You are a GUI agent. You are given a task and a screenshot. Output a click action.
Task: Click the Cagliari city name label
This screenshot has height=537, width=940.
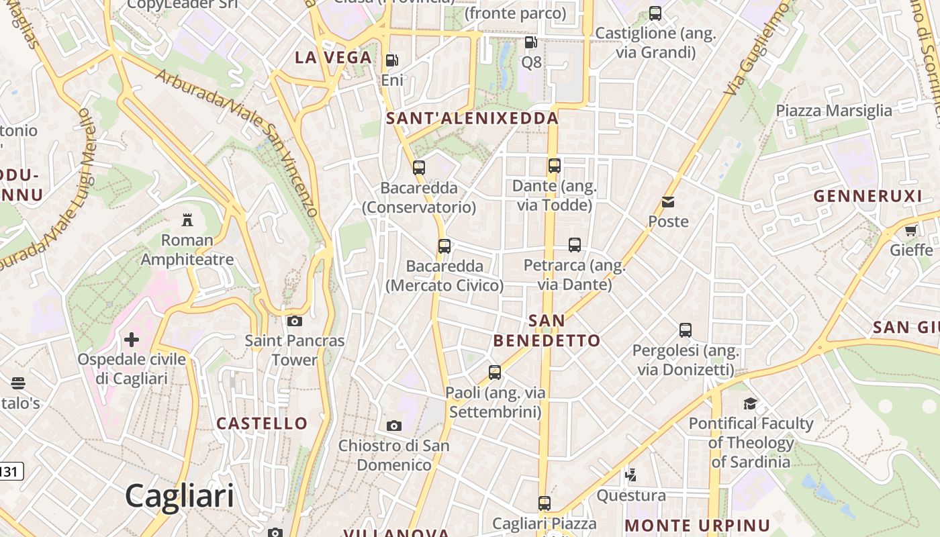tap(179, 496)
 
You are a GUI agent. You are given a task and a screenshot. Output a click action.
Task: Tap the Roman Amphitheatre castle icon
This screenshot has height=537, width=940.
tap(187, 219)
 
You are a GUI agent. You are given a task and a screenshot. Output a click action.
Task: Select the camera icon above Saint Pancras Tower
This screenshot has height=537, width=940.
tap(294, 321)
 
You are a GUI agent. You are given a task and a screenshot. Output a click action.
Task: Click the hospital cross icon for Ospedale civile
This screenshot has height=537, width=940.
tap(132, 340)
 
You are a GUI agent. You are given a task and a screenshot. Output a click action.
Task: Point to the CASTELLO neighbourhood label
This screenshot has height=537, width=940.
tap(262, 424)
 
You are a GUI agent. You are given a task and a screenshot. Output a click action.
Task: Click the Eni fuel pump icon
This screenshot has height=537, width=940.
tap(391, 60)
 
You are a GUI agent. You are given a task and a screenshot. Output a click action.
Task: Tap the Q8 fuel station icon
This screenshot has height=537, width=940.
tap(530, 42)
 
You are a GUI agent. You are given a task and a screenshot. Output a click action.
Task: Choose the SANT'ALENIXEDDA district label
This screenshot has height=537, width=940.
tap(473, 119)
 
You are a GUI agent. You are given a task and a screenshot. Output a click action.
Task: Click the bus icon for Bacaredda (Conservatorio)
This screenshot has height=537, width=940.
tap(419, 168)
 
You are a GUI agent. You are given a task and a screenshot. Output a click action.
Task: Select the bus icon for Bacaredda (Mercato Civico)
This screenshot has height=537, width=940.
tap(444, 246)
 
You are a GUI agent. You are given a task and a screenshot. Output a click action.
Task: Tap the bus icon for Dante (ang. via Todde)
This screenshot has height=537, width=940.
tap(555, 165)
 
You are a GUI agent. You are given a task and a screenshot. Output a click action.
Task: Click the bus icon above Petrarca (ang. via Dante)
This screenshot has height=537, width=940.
tap(575, 245)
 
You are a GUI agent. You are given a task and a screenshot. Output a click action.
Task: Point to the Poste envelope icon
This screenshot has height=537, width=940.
tap(668, 201)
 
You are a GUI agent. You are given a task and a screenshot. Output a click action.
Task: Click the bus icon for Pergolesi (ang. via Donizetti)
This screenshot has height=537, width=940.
tap(686, 330)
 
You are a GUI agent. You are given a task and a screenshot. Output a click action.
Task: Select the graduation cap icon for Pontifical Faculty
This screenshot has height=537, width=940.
tap(750, 403)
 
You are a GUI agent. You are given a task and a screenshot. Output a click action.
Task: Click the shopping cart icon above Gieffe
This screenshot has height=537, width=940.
tap(910, 231)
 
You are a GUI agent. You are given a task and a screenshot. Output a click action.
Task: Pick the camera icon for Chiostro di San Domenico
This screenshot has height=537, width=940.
tap(394, 426)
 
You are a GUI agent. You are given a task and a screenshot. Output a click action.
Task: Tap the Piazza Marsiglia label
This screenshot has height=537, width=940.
tap(834, 111)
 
